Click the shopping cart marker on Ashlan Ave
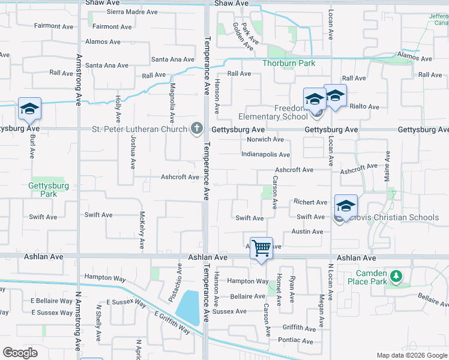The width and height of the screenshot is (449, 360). (x=261, y=247)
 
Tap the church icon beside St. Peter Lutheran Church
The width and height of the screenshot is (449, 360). (x=196, y=128)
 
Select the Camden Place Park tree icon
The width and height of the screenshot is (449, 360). (x=396, y=276)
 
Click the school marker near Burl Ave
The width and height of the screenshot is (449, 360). (x=29, y=109)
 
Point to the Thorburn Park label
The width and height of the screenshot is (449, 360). (x=288, y=63)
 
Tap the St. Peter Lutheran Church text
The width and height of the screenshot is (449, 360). (x=139, y=129)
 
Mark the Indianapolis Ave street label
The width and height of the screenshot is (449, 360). (x=265, y=154)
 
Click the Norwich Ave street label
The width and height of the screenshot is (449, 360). (x=265, y=139)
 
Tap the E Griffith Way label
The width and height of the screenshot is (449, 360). (x=172, y=323)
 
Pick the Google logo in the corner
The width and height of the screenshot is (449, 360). (x=20, y=352)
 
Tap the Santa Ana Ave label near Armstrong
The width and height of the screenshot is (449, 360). (x=107, y=65)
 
